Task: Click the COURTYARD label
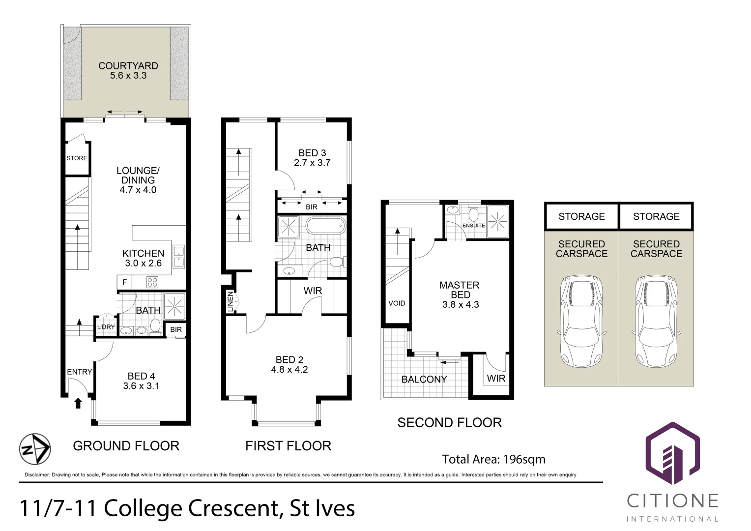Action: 128,66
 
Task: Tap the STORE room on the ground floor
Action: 77,158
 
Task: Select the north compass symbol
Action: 35,449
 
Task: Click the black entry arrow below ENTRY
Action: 78,404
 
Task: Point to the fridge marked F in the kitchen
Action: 124,282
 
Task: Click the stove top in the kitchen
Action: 152,282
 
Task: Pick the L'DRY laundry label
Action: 106,327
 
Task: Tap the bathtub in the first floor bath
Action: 325,227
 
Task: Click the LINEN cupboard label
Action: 230,301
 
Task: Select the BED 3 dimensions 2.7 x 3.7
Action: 312,163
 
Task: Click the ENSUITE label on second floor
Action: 473,226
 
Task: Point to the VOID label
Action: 397,303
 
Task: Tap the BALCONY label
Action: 424,380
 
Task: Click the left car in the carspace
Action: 581,322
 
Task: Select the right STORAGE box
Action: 656,216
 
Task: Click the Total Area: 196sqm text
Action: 493,459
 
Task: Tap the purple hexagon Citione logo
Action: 672,453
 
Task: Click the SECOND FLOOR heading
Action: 449,423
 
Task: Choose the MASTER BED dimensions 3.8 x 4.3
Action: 461,305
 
